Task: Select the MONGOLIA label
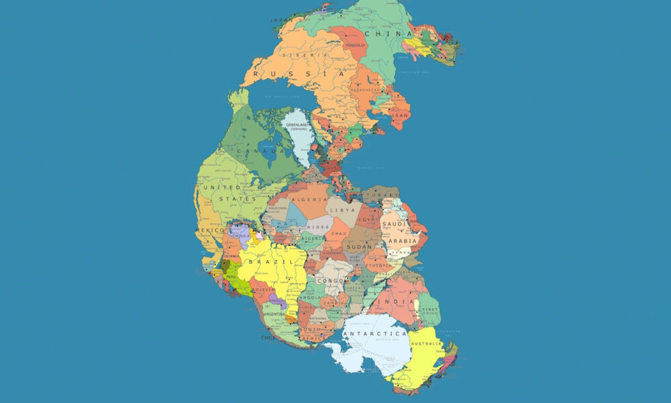(x=356, y=45)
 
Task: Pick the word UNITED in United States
(x=221, y=187)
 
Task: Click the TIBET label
(x=430, y=310)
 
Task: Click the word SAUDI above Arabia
(x=394, y=225)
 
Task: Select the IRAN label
(x=400, y=115)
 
